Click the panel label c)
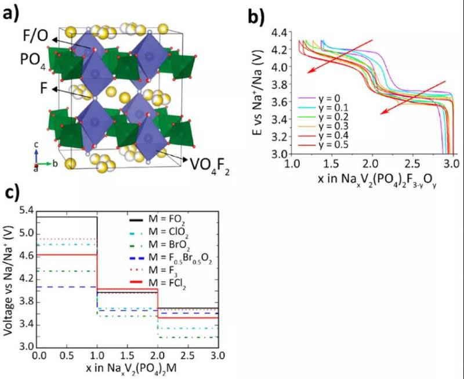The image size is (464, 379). pyautogui.click(x=12, y=192)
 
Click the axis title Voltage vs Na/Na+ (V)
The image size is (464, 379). pyautogui.click(x=9, y=278)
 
